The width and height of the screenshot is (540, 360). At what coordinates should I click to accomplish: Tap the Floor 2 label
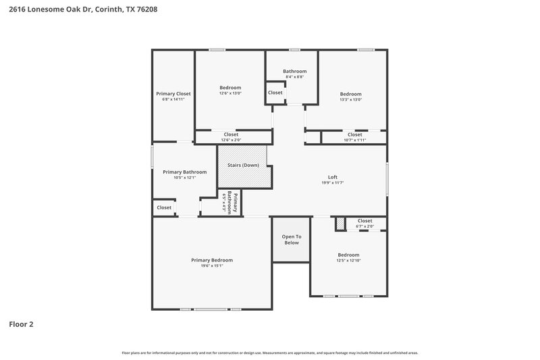tap(21, 324)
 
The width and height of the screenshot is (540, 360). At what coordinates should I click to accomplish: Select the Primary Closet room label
tap(173, 93)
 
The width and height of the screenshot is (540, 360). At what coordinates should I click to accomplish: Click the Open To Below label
tap(291, 239)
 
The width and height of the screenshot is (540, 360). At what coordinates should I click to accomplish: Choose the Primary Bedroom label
tap(212, 260)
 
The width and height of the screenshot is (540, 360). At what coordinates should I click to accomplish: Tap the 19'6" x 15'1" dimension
tap(212, 266)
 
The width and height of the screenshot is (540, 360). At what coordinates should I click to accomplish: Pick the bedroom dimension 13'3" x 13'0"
tap(350, 100)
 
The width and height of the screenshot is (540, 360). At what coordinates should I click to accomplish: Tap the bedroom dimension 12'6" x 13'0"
tap(230, 93)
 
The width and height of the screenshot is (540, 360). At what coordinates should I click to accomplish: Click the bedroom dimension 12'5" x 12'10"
tap(349, 261)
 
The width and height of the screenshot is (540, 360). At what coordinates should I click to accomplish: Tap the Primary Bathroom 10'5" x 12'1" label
tap(184, 174)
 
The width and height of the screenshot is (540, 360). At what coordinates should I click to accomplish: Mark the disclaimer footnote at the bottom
tap(269, 353)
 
